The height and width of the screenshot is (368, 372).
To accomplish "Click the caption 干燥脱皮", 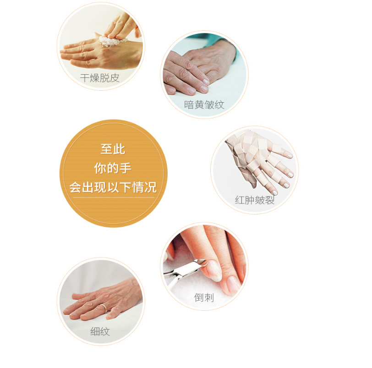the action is pos(100,78).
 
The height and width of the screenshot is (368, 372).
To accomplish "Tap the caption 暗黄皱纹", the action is pos(204,104).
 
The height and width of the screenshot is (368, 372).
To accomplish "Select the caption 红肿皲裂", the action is pos(255,200).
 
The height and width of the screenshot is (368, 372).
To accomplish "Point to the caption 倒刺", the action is pos(204,297).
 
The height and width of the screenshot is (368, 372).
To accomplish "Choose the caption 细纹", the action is pos(100,331).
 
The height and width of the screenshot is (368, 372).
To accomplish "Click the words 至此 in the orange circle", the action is pos(113,149).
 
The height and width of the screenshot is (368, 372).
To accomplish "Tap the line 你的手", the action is pos(113,168).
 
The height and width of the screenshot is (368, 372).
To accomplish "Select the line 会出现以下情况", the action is pos(113,187).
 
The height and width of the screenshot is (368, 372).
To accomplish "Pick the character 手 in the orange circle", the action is pos(126,168).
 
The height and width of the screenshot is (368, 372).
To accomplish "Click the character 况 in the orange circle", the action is pos(151,187).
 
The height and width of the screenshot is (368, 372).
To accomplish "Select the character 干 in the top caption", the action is pos(85,78).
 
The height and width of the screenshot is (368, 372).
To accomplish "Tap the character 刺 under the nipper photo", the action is pos(209,297).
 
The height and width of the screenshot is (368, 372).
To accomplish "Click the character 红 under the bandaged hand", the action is pos(240,200).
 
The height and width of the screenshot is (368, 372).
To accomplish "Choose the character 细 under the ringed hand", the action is pos(95,331).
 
